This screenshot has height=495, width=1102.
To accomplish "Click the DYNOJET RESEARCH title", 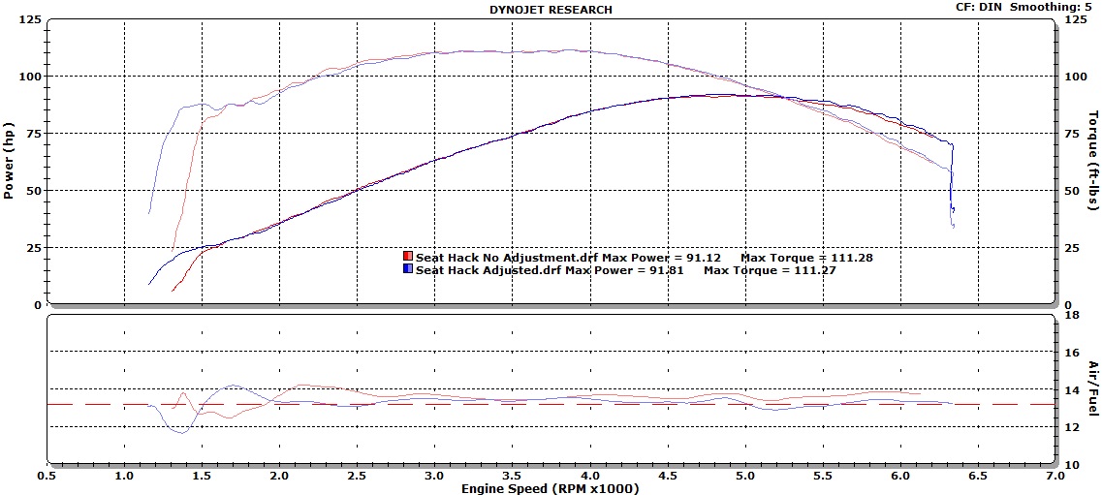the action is tap(551, 9).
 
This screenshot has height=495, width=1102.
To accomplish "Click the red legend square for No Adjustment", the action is tap(408, 257).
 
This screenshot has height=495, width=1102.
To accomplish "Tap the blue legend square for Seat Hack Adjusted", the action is tap(408, 269).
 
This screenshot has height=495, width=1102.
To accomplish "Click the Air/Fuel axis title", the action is tap(1092, 388).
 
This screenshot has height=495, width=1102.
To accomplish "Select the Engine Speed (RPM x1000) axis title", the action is tap(551, 488).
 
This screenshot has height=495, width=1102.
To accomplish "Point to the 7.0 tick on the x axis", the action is tap(1055, 476).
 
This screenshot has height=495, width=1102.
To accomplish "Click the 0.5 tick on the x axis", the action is tap(47, 476).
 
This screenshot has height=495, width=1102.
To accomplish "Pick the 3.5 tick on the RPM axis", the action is tap(513, 476).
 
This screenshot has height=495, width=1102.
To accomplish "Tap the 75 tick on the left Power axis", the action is tap(32, 134).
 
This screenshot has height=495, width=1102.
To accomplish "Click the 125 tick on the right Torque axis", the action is tap(1075, 19).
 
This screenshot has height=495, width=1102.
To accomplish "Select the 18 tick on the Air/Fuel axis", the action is tap(1073, 315).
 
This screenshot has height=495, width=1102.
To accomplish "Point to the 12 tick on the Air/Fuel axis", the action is tap(1073, 427).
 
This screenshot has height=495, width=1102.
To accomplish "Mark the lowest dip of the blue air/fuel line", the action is tap(183, 432).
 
